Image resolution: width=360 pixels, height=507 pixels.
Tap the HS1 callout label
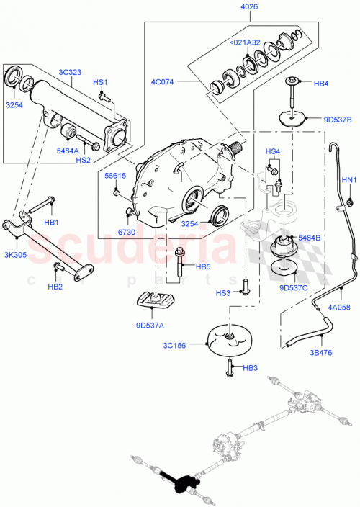click(100, 83)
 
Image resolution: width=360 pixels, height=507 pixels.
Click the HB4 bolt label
click(321, 84)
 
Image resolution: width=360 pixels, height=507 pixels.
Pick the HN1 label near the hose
click(348, 179)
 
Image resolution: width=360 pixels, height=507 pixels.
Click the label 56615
click(115, 175)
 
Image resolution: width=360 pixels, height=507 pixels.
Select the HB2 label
click(55, 287)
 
